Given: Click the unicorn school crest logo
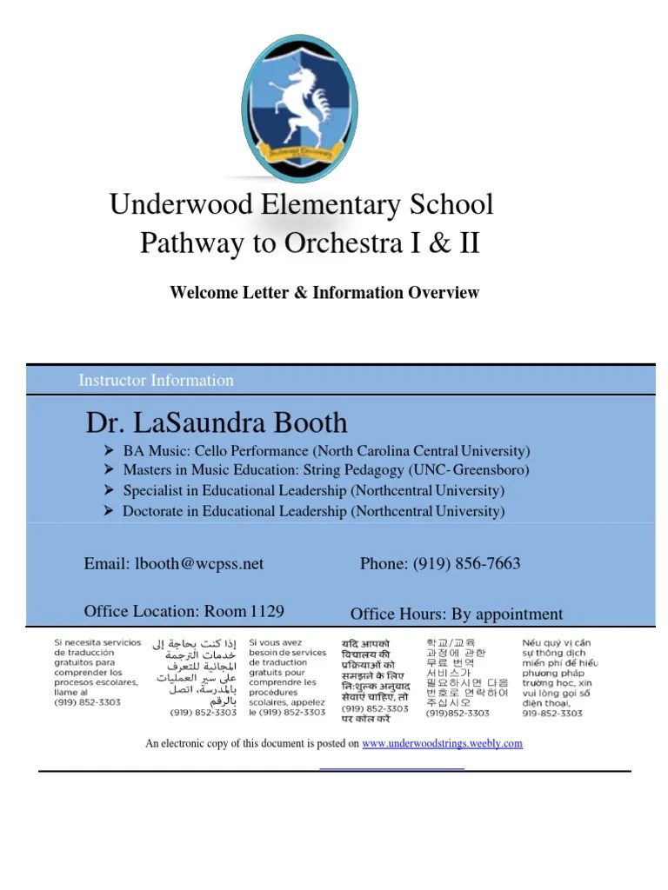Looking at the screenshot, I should (298, 103).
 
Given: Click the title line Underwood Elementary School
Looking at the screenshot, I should (301, 205).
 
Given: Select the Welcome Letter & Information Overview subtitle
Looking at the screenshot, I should (324, 292).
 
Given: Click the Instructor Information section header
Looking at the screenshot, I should (156, 380).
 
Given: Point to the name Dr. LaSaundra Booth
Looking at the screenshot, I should (216, 423).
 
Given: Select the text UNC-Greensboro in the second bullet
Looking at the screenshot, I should (479, 471).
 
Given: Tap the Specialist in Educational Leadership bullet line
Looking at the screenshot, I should (312, 491).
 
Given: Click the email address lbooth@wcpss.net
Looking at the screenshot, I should (198, 564).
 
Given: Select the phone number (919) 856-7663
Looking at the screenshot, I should (466, 564).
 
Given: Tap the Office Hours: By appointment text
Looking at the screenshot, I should (456, 614).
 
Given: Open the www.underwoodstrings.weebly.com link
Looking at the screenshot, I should (442, 744).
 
